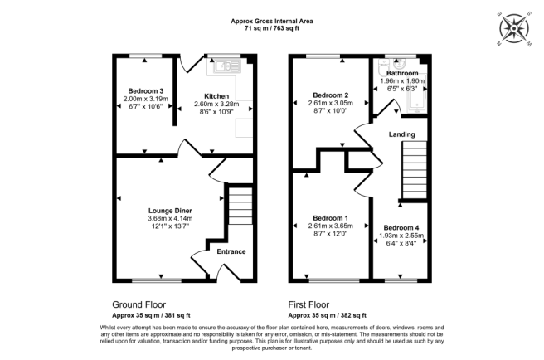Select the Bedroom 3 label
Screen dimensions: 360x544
click(145, 90)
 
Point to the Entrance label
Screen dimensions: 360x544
click(231, 251)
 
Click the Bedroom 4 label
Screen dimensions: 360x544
click(401, 227)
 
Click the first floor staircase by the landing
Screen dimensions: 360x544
click(413, 172)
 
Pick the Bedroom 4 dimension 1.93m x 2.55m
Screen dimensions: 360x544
click(401, 236)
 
